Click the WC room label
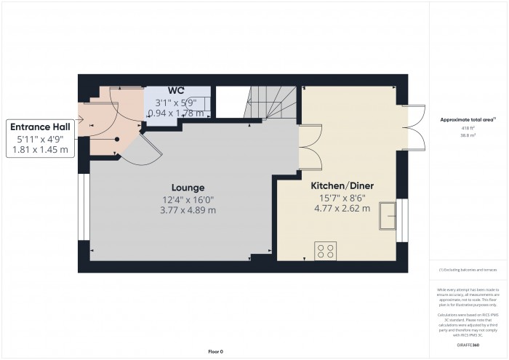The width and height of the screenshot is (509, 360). [x=176, y=91]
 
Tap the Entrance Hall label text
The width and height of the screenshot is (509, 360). [x=41, y=126]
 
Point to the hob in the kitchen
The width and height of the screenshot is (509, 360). [x=325, y=252]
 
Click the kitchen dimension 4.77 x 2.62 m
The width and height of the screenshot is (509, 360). [x=342, y=208]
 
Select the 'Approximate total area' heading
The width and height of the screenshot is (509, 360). [x=463, y=119]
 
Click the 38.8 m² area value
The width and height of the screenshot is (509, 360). [x=463, y=135]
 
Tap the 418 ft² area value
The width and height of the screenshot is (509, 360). [x=463, y=128]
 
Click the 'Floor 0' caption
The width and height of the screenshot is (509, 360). [x=215, y=351]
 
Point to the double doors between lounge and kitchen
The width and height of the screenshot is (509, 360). [x=300, y=146]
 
